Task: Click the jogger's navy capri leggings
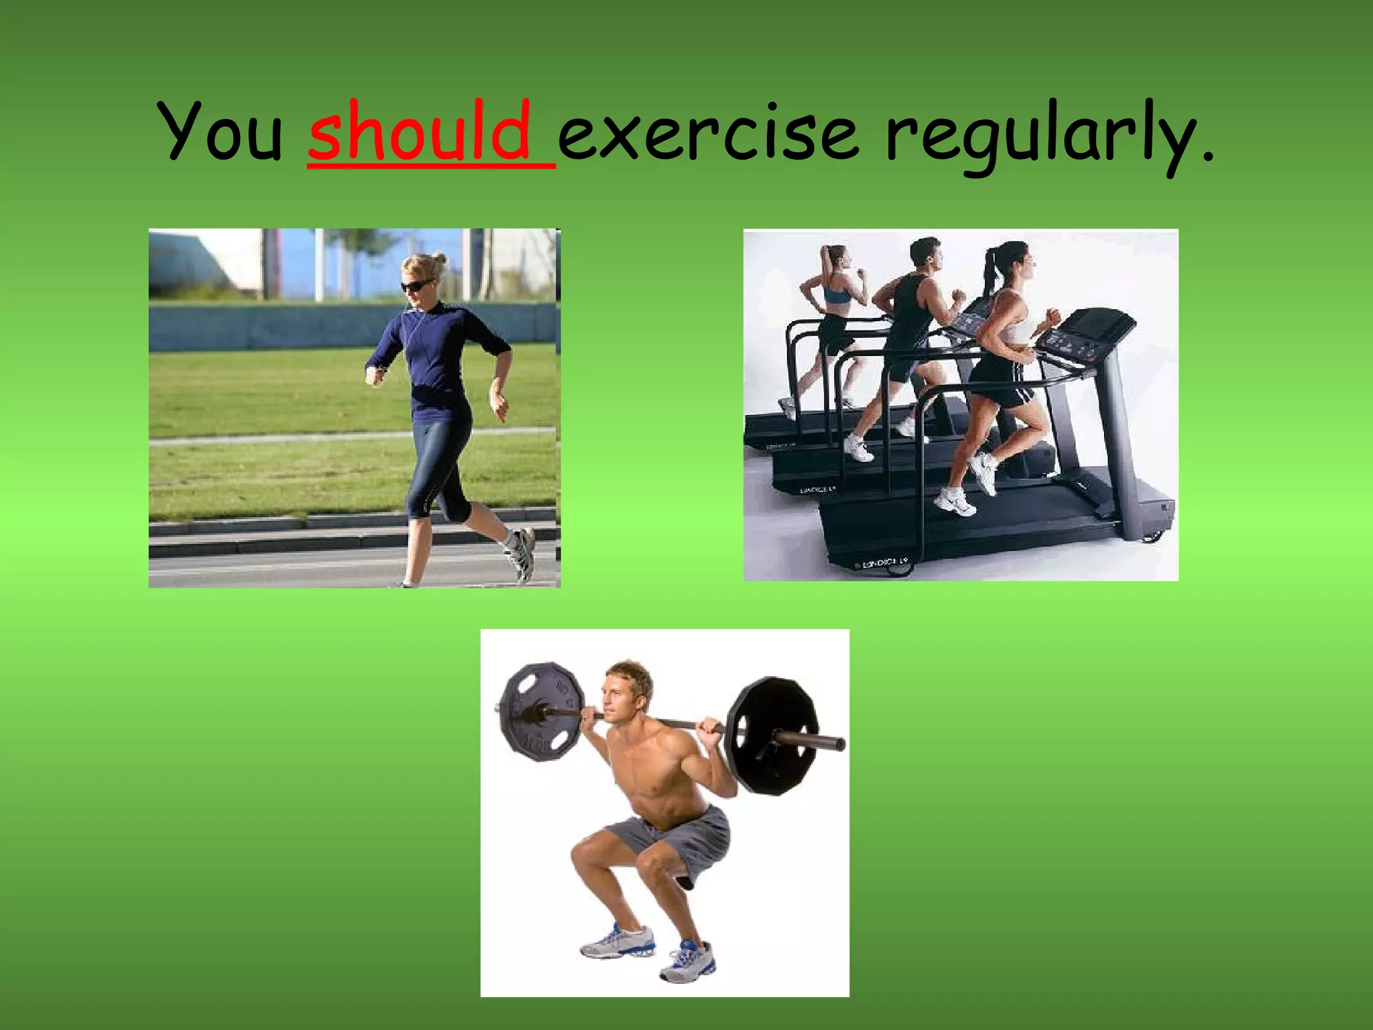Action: [439, 463]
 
